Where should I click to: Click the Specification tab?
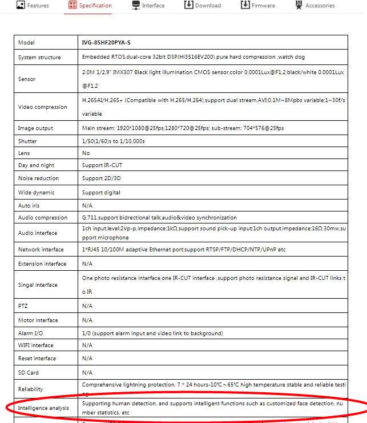pos(90,6)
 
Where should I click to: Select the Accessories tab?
pos(314,6)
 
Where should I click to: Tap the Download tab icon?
pos(188,5)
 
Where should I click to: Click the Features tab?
pos(33,6)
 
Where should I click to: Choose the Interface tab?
pos(148,6)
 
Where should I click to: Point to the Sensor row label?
pos(27,79)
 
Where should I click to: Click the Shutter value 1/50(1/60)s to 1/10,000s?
pos(113,141)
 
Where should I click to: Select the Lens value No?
pos(86,153)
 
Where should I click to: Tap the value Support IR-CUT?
pos(102,165)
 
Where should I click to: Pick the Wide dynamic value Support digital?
pos(102,193)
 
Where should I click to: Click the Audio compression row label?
pos(43,218)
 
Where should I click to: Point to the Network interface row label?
pos(41,250)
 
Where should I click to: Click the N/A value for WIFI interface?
pos(87,345)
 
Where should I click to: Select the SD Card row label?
pos(28,372)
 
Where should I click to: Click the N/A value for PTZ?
pos(87,306)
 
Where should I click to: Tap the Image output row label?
pos(35,128)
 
